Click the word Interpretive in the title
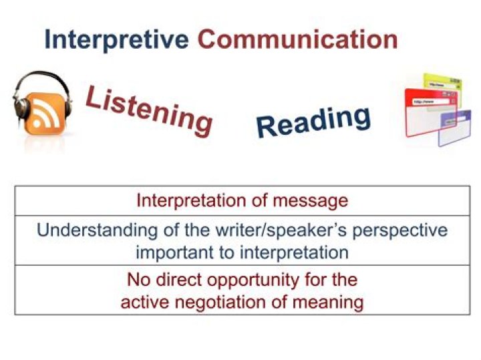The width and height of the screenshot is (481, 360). tap(116, 39)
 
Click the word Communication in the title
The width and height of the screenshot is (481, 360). tap(297, 39)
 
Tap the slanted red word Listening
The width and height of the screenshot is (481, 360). tap(149, 110)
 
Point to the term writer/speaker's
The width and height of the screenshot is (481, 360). tap(271, 231)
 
